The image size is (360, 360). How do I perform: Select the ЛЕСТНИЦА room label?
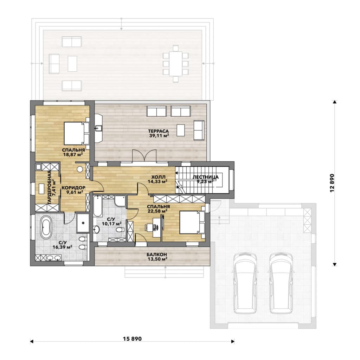205,177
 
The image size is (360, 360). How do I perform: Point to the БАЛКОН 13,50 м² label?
157,257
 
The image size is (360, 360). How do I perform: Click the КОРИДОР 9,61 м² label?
73,190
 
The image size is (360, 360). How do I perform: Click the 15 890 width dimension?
132,339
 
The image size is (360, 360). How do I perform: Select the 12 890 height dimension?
332,183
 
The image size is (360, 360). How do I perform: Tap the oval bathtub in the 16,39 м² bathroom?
46,227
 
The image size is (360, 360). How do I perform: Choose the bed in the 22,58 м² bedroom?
192,222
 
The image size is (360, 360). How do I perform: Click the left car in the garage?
245,283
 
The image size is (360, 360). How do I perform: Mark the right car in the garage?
281,283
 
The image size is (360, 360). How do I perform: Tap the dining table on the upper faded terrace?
176,63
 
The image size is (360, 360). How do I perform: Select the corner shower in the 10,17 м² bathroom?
120,201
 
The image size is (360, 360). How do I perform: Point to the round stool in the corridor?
80,169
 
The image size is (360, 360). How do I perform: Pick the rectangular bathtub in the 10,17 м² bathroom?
98,206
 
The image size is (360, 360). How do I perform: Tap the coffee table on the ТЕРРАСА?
181,130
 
